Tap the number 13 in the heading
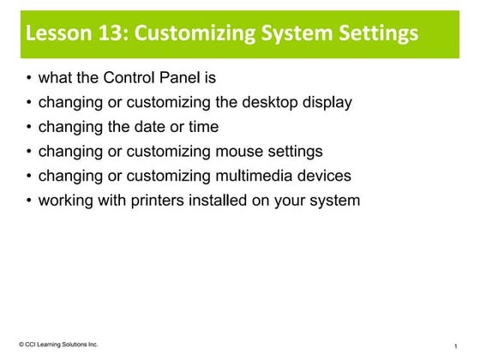pos(107,34)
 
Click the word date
pos(147,128)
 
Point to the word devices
pos(321,176)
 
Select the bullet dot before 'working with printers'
pos(29,201)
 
